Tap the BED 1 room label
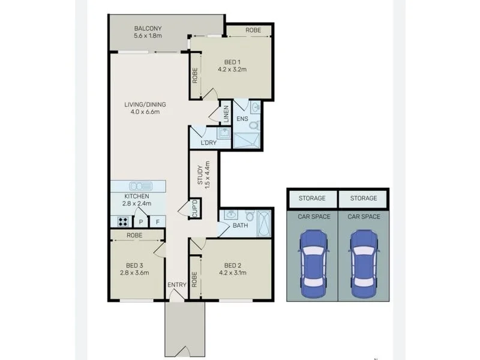tap(232, 62)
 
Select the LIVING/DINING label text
tap(145, 104)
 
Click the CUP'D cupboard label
tap(194, 208)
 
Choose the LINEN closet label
tap(226, 114)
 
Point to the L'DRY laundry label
tap(208, 142)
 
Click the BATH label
tap(240, 226)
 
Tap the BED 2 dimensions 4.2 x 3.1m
tap(232, 272)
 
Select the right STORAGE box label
tap(364, 198)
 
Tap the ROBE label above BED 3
tap(134, 236)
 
